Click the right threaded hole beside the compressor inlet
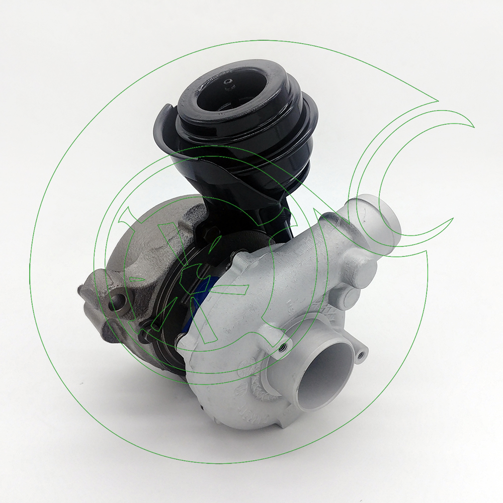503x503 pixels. (360, 355)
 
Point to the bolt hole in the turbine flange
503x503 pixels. (118, 302)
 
